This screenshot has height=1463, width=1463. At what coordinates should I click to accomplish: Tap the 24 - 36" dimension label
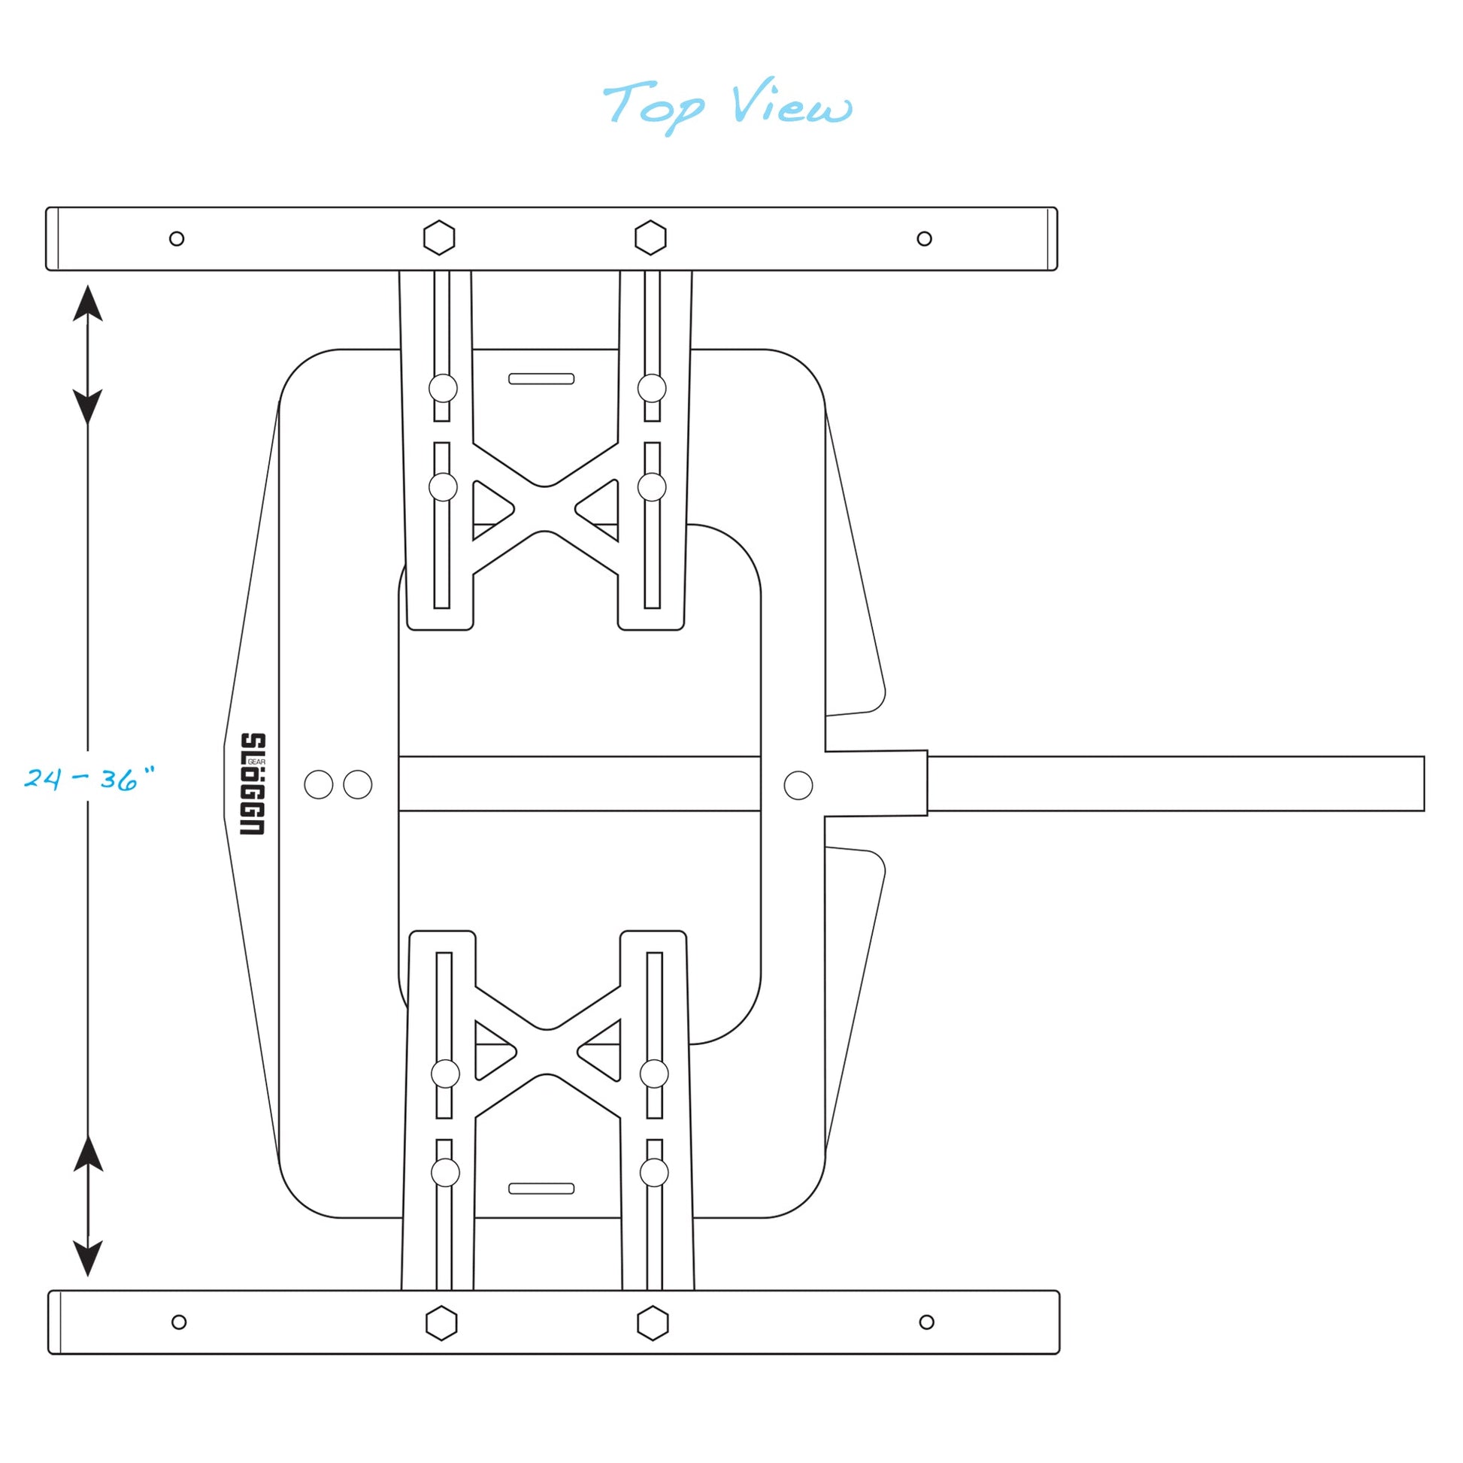coord(89,778)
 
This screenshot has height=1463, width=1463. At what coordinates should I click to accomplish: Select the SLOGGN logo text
coord(253,783)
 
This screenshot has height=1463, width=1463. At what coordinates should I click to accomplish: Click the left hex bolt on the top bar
coord(439,238)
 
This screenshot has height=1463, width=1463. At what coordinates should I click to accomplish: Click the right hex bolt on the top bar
coord(650,238)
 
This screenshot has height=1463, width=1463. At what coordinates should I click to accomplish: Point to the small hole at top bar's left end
coord(177,239)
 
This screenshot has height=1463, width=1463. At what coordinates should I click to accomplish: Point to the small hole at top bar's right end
coord(925,239)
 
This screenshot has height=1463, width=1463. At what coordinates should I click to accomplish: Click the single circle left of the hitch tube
coord(798,786)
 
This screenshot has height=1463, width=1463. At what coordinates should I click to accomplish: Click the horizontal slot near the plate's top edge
coord(541,379)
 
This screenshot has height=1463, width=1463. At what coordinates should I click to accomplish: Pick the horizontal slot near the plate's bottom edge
coord(541,1189)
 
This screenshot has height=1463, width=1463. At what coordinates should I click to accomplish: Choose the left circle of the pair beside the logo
coord(319,785)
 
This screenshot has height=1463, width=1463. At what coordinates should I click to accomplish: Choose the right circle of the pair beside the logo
coord(357,785)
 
